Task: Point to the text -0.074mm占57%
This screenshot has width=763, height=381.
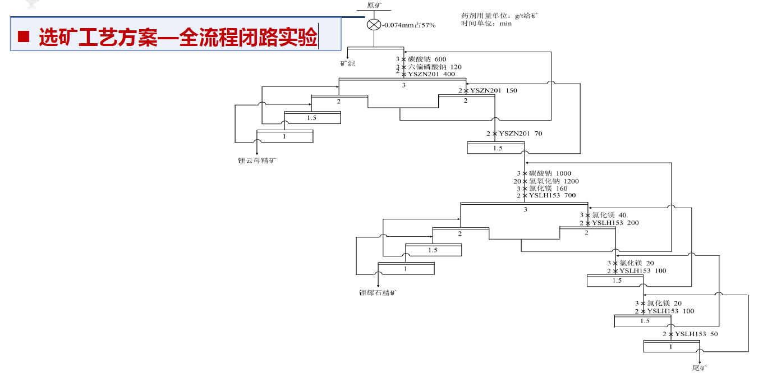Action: tap(409, 25)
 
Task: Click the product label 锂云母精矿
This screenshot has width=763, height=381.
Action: tap(258, 160)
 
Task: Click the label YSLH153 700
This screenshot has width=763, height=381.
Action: tap(552, 196)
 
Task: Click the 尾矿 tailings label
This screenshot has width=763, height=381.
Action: tap(700, 368)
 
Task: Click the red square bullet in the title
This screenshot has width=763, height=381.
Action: tap(23, 38)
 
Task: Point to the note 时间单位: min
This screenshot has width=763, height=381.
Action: tap(486, 24)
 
